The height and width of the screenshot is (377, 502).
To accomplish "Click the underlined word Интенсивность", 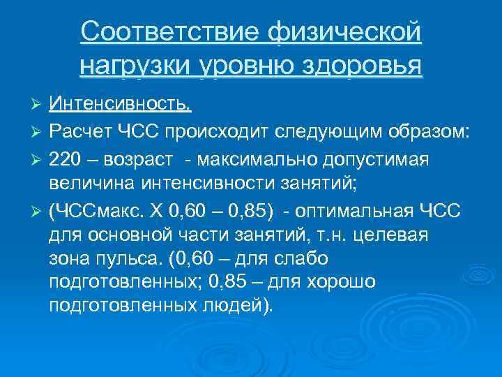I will tap(121, 105).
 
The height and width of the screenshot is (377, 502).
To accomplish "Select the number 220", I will tap(66, 160).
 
